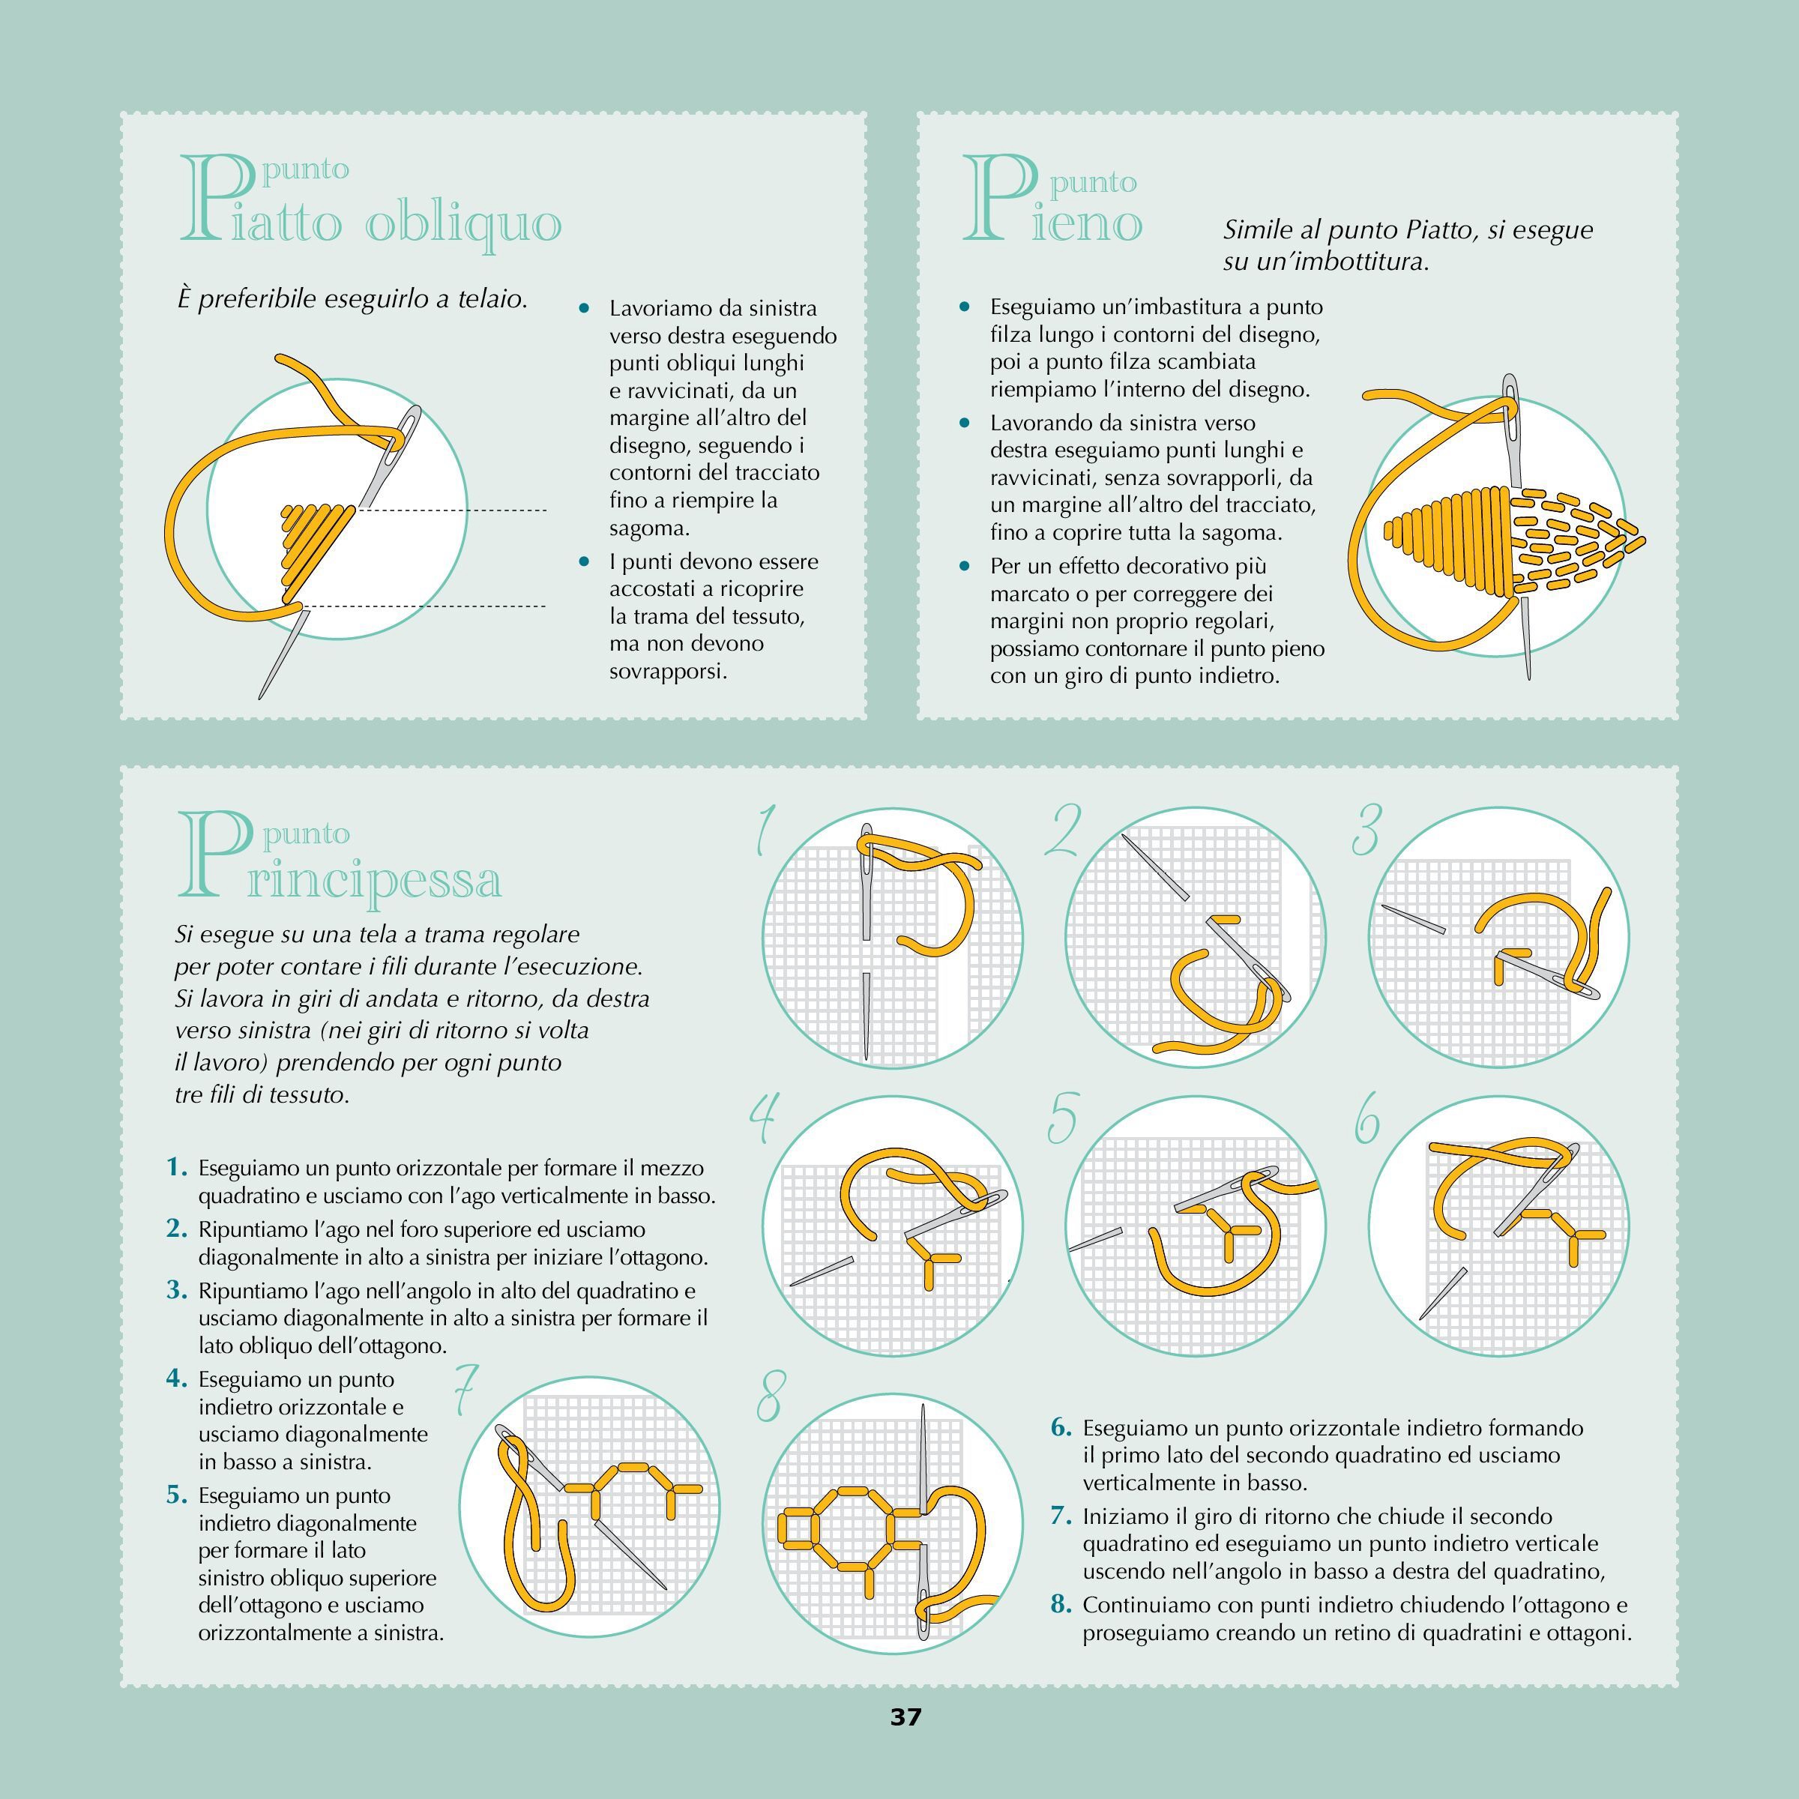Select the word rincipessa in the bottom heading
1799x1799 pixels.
[x=374, y=879]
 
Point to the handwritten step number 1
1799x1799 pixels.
[x=765, y=831]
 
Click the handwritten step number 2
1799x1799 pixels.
[x=1062, y=831]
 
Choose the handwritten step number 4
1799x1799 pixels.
[x=764, y=1118]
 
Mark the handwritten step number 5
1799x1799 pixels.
[x=1062, y=1118]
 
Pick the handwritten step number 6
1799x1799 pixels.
[x=1366, y=1118]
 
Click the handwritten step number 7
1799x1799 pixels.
[x=465, y=1391]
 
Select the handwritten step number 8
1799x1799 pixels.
[x=769, y=1396]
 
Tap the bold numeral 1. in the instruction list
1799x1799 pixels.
[x=177, y=1168]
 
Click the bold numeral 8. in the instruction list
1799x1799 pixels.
[x=1061, y=1604]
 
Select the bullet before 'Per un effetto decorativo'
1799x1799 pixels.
[x=965, y=566]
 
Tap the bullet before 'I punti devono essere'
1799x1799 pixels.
[x=584, y=561]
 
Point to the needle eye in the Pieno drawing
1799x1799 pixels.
[x=1510, y=411]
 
